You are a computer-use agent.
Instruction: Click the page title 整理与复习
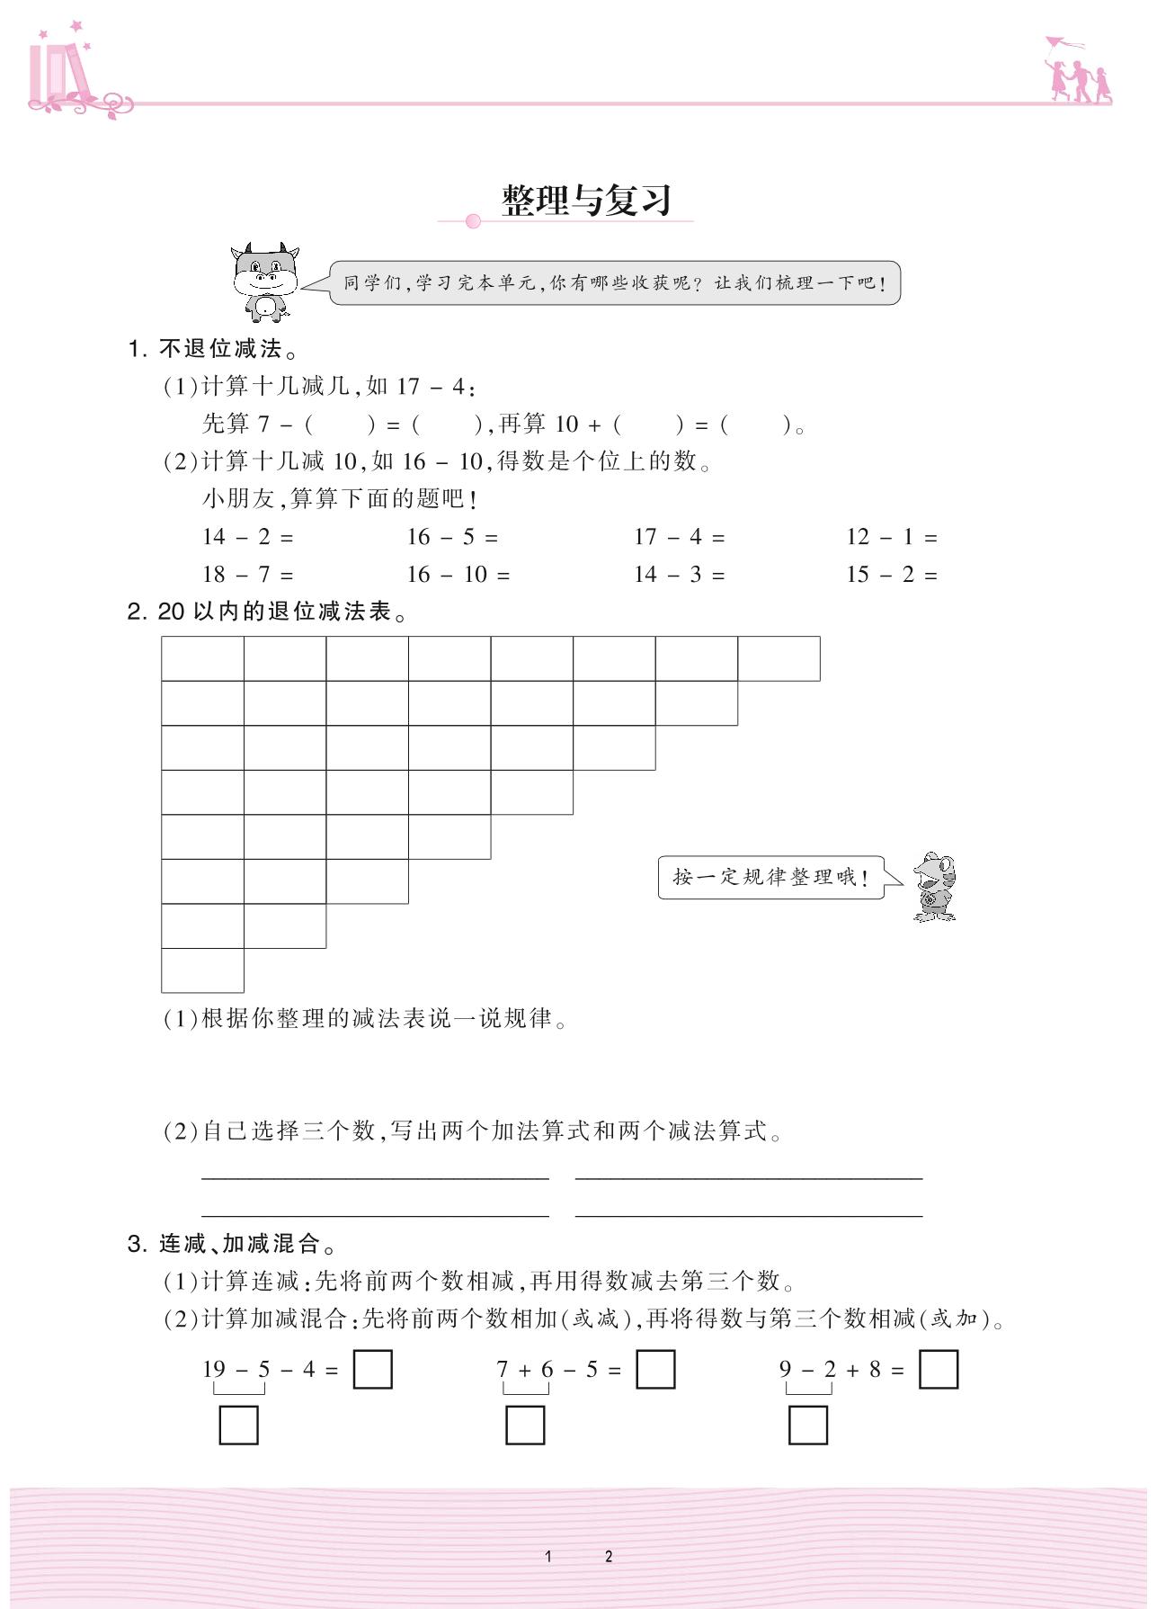pyautogui.click(x=586, y=200)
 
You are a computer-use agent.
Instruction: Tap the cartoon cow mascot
pyautogui.click(x=265, y=282)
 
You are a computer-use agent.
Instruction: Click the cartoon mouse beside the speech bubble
pyautogui.click(x=935, y=887)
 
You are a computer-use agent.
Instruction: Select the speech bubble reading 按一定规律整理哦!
pyautogui.click(x=770, y=877)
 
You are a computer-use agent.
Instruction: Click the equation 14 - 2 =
pyautogui.click(x=248, y=537)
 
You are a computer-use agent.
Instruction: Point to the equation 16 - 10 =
pyautogui.click(x=458, y=575)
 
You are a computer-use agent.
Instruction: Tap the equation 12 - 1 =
pyautogui.click(x=891, y=537)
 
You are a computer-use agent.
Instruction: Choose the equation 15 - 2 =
pyautogui.click(x=891, y=575)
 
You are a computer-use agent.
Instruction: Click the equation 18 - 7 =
pyautogui.click(x=248, y=575)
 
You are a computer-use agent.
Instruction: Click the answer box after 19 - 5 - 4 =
pyautogui.click(x=372, y=1370)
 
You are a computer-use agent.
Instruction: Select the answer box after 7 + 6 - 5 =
pyautogui.click(x=655, y=1370)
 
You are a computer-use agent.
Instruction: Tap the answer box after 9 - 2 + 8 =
pyautogui.click(x=939, y=1370)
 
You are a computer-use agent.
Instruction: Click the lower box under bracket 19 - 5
pyautogui.click(x=238, y=1426)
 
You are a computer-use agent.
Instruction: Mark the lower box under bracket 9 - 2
pyautogui.click(x=807, y=1426)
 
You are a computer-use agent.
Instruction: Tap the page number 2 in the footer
pyautogui.click(x=609, y=1557)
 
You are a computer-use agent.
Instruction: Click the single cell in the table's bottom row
pyautogui.click(x=202, y=970)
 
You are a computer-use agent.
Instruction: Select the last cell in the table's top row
pyautogui.click(x=779, y=658)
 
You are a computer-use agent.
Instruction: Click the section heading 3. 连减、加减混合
pyautogui.click(x=233, y=1244)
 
